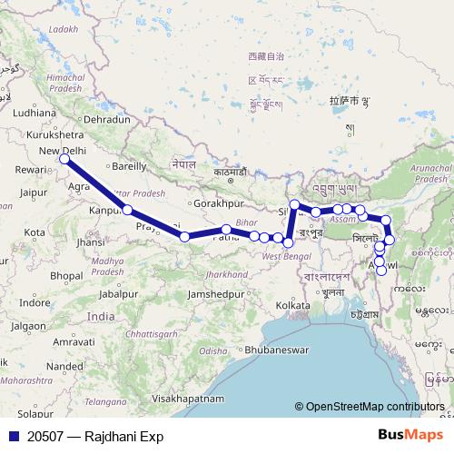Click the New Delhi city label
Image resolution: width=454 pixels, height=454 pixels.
pyautogui.click(x=63, y=151)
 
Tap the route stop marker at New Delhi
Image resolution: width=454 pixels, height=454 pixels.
pyautogui.click(x=64, y=160)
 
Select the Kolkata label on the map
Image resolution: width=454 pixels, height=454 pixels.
pyautogui.click(x=294, y=305)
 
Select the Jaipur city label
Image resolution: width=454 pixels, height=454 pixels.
pyautogui.click(x=33, y=192)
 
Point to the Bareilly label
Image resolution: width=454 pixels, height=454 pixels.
pyautogui.click(x=127, y=166)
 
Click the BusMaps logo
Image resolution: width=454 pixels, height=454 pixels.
pyautogui.click(x=413, y=436)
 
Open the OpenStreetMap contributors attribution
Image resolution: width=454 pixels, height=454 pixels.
pyautogui.click(x=374, y=408)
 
